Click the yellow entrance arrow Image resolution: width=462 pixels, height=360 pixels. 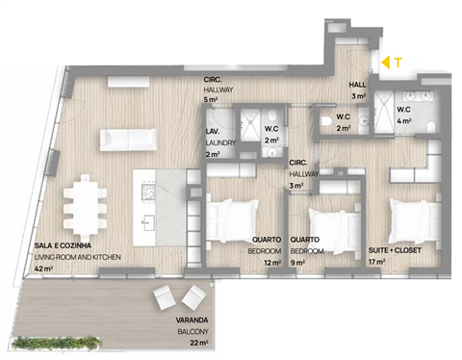386,63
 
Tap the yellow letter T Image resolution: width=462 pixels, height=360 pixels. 398,63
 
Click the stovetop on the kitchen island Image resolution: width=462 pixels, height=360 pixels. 148,193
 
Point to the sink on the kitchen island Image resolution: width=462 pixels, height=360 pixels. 147,223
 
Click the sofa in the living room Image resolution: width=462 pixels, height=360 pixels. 128,140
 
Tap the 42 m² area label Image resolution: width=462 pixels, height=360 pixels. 43,269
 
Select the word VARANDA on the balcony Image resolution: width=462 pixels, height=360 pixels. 192,320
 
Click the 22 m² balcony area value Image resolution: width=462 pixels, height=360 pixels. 199,343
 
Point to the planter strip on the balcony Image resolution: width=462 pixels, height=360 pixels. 56,342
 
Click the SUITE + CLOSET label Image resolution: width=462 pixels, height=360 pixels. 395,250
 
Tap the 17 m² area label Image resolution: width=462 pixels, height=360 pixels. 377,262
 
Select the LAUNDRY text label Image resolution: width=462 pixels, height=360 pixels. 220,142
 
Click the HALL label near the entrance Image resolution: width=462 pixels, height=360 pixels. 357,85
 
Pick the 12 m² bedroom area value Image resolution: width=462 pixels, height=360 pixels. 272,263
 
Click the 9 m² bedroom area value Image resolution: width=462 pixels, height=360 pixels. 297,263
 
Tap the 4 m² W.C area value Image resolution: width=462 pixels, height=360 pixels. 404,121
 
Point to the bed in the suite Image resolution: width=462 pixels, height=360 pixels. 415,222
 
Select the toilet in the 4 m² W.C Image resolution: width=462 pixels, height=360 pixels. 431,126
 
